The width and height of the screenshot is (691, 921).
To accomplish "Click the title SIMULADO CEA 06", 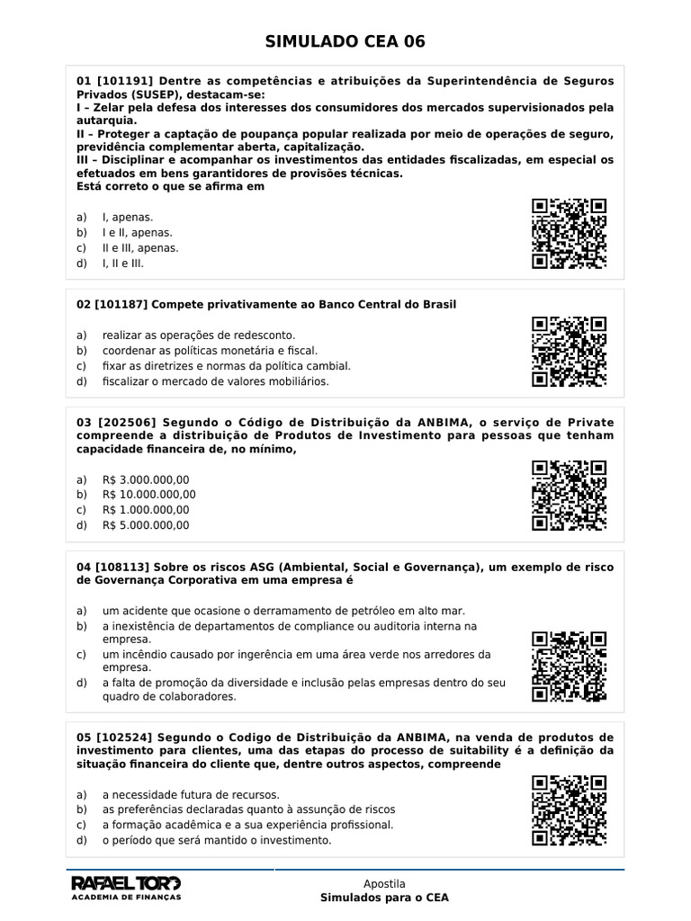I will tap(345, 41).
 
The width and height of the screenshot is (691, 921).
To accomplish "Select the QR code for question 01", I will tap(569, 234).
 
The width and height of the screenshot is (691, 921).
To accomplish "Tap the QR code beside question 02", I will tap(569, 352).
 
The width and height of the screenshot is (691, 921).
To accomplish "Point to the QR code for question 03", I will tap(569, 496).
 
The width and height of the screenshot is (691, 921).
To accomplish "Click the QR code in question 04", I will tap(569, 667).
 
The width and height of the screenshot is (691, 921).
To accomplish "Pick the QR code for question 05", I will tap(569, 810).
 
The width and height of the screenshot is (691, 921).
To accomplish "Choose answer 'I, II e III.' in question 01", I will tap(123, 264).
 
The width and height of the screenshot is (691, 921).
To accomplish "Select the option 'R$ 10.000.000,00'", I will tap(148, 495).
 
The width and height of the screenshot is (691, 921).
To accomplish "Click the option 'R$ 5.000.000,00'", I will tap(146, 525).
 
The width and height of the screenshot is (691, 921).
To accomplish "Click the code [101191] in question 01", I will tap(124, 81).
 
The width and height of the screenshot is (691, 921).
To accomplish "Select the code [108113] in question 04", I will tap(124, 567).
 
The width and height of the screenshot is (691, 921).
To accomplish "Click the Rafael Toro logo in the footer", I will tap(126, 885).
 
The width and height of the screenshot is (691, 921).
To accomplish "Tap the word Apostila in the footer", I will tap(384, 884).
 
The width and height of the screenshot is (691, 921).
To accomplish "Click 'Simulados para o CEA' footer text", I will tap(384, 898).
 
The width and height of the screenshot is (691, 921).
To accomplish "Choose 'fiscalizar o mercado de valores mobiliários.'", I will tap(216, 380).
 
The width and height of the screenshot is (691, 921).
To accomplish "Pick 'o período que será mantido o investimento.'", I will tap(217, 841).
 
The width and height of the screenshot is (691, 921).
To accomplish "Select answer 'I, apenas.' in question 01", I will tap(128, 218).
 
